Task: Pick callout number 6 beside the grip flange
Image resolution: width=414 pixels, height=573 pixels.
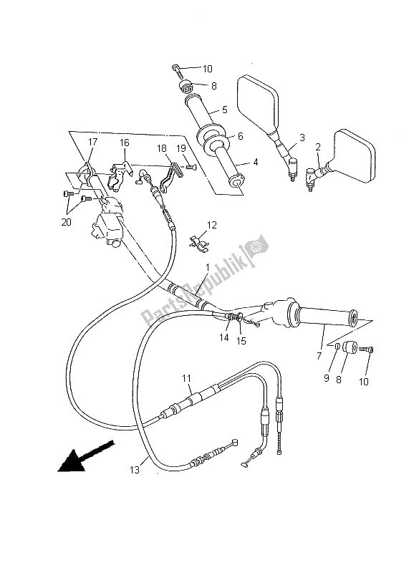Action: pos(240,136)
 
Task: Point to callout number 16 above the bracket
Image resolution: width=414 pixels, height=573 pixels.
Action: pos(125,143)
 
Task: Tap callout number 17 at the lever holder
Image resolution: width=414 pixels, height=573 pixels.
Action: pos(92,142)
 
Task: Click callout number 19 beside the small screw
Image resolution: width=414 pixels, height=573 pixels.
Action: pos(182,148)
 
